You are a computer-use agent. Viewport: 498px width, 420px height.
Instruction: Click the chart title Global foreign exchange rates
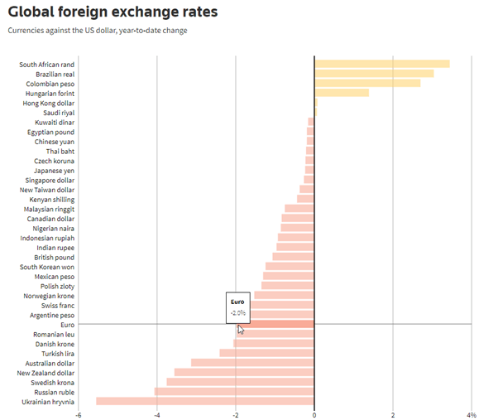[113, 12]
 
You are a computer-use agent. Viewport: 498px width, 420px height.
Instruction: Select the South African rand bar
[381, 64]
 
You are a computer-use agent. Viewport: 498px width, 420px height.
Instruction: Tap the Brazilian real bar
[374, 74]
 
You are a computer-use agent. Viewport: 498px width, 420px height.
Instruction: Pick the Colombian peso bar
[367, 84]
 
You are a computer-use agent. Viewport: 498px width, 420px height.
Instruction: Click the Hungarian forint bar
[342, 93]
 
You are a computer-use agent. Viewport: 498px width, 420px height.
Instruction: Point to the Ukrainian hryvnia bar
[205, 402]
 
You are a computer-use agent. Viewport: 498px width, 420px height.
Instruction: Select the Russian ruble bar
[234, 392]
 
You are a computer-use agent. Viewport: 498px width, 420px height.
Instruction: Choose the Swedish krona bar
[240, 382]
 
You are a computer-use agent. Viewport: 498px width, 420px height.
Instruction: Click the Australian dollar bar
[252, 363]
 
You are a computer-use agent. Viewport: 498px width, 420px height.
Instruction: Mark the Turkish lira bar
[266, 353]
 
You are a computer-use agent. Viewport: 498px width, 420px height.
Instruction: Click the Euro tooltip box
[237, 307]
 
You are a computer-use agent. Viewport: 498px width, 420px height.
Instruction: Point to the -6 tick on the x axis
[79, 414]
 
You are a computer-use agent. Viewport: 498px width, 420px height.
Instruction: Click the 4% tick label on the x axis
[471, 414]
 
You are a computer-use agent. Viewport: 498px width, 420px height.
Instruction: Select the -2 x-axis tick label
[235, 414]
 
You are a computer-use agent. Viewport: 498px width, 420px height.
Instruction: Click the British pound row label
[54, 257]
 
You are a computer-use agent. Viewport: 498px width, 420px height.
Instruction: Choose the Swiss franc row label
[57, 306]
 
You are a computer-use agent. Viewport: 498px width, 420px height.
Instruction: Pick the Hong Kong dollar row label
[49, 103]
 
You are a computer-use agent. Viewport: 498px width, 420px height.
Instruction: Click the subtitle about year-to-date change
[97, 31]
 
